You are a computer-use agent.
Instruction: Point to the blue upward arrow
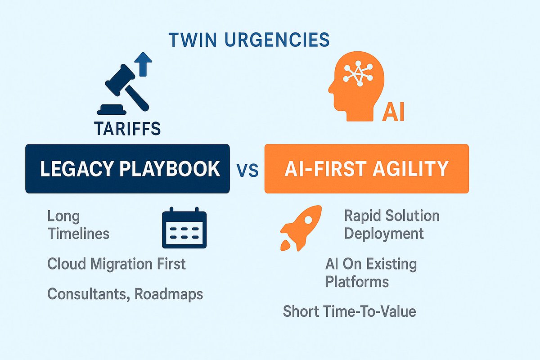pyautogui.click(x=144, y=63)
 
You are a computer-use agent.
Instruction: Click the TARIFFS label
pyautogui.click(x=128, y=129)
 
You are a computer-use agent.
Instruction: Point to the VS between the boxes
pyautogui.click(x=247, y=171)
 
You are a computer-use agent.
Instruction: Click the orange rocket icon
pyautogui.click(x=300, y=227)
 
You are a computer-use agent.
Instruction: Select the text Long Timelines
pyautogui.click(x=78, y=225)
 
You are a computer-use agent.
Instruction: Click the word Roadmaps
pyautogui.click(x=169, y=294)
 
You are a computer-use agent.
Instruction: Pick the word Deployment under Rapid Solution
pyautogui.click(x=384, y=234)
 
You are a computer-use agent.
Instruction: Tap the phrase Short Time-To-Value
pyautogui.click(x=349, y=311)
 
